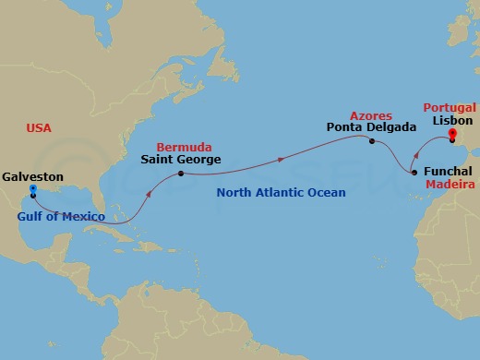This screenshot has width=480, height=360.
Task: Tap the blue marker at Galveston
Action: (32, 191)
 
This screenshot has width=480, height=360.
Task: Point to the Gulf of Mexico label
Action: (61, 219)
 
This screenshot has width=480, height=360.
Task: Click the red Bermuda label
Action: (184, 147)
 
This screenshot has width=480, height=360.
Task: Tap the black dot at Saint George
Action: (180, 174)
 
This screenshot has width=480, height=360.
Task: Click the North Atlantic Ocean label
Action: (280, 193)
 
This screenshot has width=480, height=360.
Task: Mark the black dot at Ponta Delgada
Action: (371, 141)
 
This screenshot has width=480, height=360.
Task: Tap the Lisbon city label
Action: (451, 120)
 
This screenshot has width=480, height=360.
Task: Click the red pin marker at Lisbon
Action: (452, 134)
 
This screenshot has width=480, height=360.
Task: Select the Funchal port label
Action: (449, 172)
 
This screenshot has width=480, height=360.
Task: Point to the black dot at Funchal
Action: (413, 172)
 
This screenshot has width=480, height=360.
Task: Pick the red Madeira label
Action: (450, 185)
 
